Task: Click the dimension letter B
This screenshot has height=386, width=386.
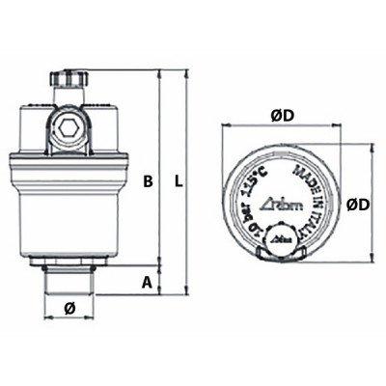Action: [148, 180]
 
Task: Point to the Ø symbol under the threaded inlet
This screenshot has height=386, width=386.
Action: [69, 308]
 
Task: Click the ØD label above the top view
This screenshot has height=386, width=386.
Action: [283, 117]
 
